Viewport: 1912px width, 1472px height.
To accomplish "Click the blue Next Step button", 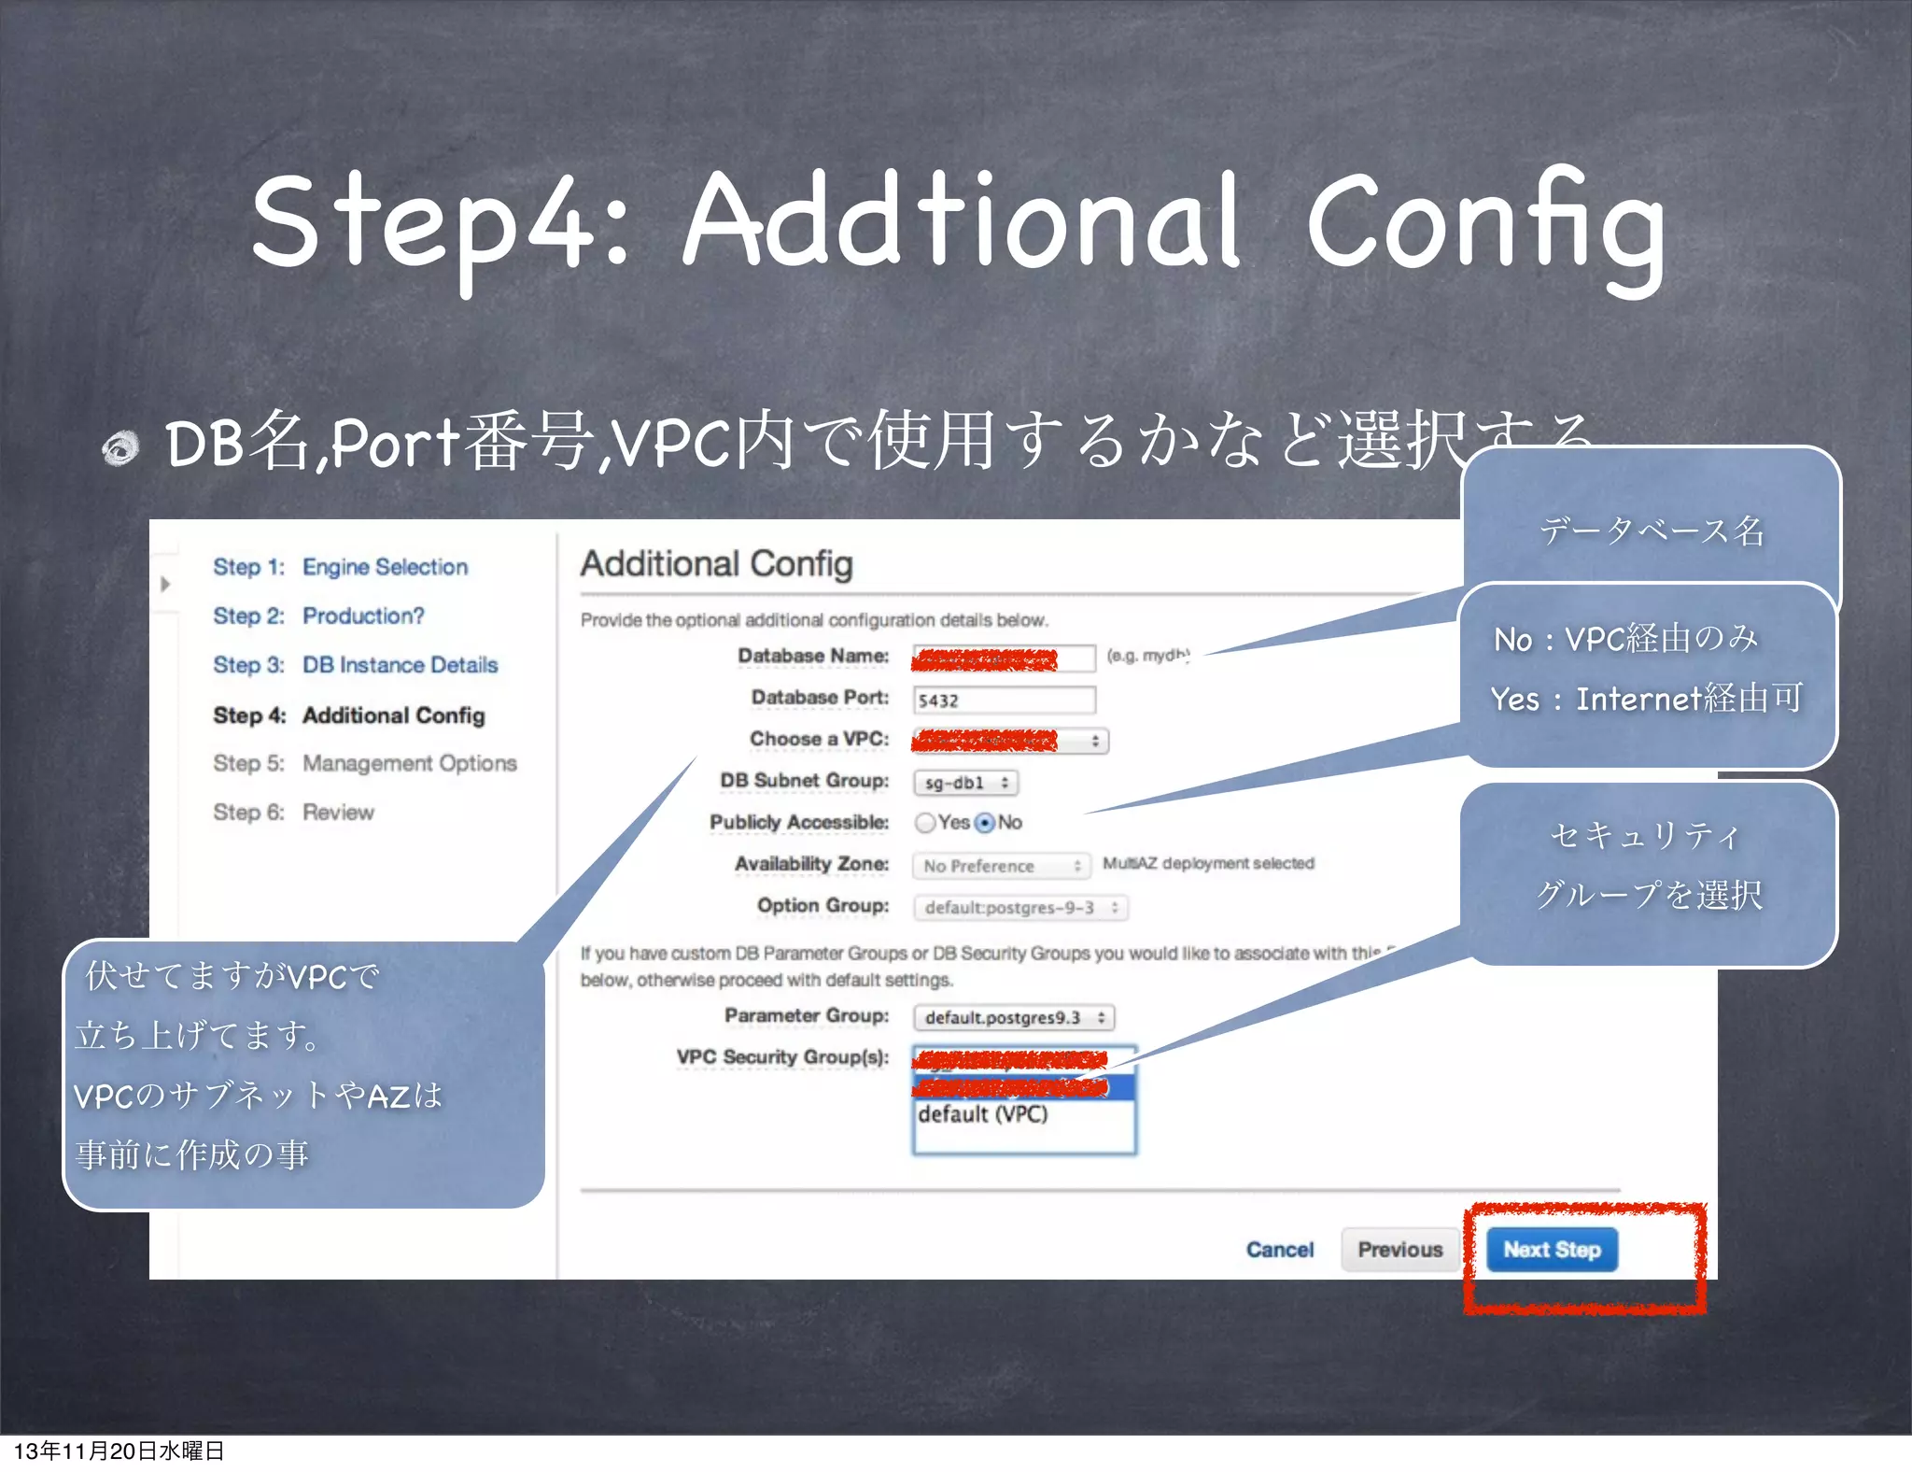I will [x=1551, y=1250].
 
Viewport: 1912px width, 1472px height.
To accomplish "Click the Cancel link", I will [x=1279, y=1250].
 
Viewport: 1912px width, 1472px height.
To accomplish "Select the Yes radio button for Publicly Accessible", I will [x=925, y=823].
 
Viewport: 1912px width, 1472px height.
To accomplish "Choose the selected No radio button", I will [x=985, y=823].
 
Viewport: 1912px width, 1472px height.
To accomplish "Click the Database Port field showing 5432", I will [x=1003, y=701].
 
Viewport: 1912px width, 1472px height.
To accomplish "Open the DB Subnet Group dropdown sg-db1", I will [x=965, y=783].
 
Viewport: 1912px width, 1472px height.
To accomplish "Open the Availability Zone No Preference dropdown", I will [x=1001, y=866].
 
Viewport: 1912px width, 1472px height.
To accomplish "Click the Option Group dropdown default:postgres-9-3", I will [x=1020, y=908].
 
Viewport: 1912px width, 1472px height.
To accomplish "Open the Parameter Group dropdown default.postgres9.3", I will [x=1014, y=1017].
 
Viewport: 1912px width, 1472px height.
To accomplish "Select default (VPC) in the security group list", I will [x=983, y=1114].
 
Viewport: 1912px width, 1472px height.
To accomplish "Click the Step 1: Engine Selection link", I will [x=341, y=567].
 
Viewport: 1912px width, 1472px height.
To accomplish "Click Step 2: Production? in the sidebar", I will [x=318, y=616].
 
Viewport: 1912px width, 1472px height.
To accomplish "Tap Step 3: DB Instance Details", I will [x=355, y=665].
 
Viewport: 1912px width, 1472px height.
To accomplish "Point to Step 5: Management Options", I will [x=364, y=763].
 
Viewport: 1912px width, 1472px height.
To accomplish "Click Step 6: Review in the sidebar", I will [x=293, y=813].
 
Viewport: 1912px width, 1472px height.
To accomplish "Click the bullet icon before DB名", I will [x=120, y=447].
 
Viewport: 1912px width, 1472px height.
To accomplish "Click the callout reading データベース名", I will [x=1651, y=531].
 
